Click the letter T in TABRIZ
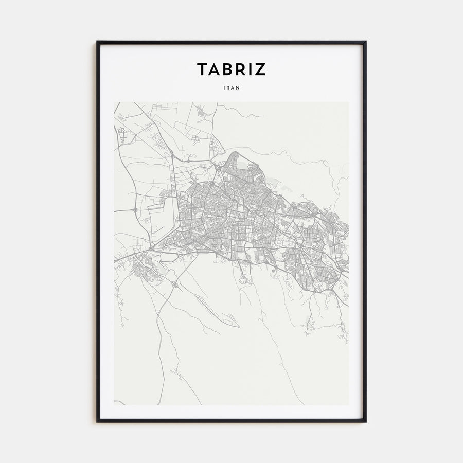tap(202, 69)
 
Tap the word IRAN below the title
tap(232, 87)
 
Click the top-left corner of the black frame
tap(97, 42)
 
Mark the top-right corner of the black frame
tap(366, 42)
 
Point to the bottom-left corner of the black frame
tap(97, 422)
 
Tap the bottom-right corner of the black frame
tap(366, 422)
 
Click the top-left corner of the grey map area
tap(114, 102)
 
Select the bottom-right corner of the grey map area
tap(349, 405)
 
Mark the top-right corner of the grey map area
tap(349, 102)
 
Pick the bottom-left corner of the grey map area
tap(114, 405)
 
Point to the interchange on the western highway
tap(135, 210)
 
